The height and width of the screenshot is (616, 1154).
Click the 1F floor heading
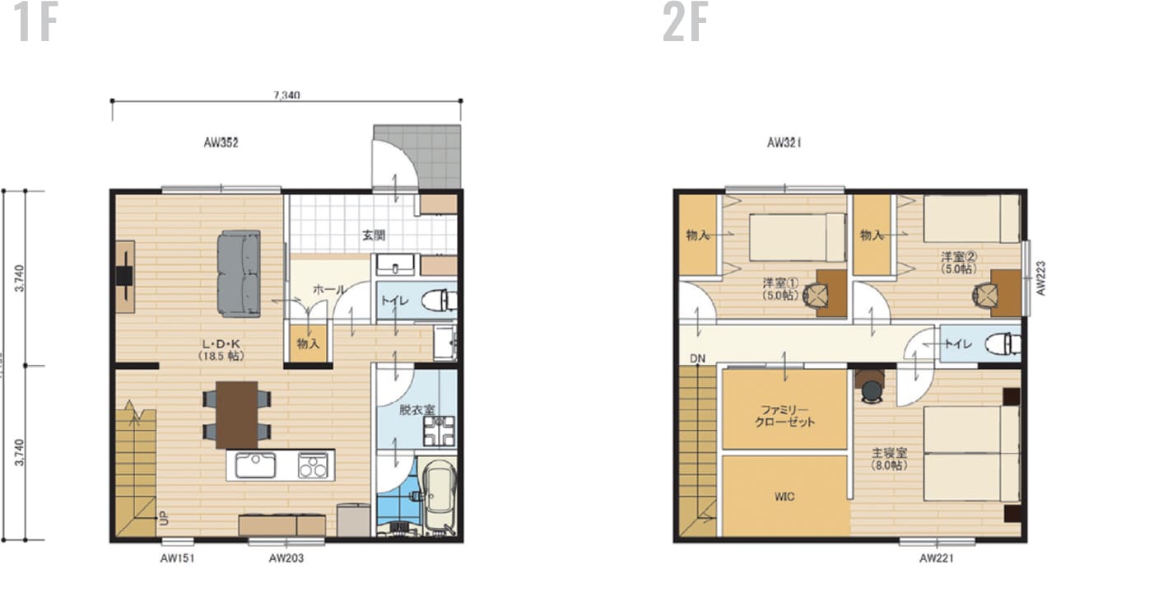(35, 23)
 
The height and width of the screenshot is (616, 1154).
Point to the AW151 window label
(178, 558)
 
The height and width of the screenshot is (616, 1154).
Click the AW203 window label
(286, 558)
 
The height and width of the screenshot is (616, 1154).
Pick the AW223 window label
(1040, 278)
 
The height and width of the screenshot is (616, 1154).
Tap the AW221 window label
(937, 558)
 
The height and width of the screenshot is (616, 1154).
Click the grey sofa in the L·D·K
(239, 273)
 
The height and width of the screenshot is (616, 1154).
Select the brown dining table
(237, 414)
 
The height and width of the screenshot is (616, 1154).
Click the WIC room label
(784, 497)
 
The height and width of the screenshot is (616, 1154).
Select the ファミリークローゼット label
(784, 414)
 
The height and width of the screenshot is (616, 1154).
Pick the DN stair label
(697, 358)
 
